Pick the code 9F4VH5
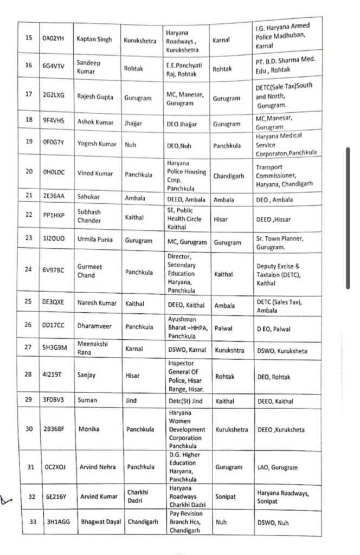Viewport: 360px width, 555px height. click(x=53, y=122)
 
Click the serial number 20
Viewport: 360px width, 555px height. click(x=28, y=173)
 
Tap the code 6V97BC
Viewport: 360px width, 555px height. click(x=53, y=272)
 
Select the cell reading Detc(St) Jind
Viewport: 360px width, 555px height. click(x=185, y=401)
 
